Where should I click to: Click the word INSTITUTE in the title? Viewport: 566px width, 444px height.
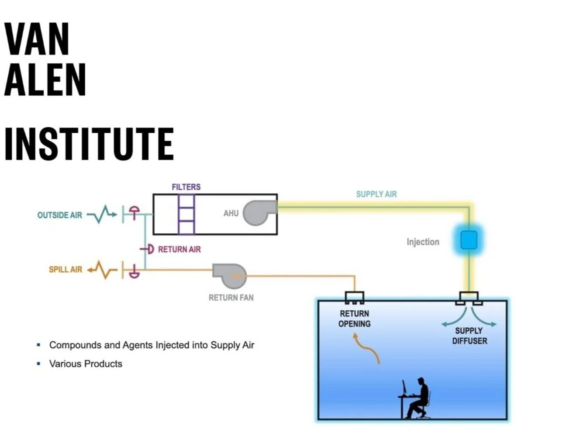(89, 144)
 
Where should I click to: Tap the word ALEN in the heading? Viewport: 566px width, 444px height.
(45, 80)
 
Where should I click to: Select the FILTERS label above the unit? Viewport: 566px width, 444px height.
(186, 187)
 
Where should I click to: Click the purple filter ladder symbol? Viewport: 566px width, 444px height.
(186, 215)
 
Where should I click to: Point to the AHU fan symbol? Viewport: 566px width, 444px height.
(259, 213)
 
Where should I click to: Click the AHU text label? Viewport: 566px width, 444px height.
(231, 213)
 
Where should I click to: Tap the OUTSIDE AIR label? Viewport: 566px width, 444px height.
(60, 215)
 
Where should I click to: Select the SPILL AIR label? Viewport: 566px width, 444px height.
(66, 269)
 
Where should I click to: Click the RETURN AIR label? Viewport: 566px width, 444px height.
(179, 250)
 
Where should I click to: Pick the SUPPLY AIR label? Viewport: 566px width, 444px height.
(376, 194)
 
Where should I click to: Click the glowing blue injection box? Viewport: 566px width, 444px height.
(469, 240)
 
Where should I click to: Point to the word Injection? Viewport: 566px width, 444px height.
(423, 242)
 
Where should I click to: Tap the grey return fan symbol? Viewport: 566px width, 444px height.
(230, 276)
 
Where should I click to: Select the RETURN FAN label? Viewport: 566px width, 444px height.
(231, 298)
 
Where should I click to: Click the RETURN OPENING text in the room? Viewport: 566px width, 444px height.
(354, 319)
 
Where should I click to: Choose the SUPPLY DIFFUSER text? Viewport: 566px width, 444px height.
(469, 336)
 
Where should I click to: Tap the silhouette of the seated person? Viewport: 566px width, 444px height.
(417, 398)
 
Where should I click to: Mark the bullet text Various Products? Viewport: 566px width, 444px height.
(86, 364)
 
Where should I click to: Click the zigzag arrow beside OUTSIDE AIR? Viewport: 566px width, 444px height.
(102, 214)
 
